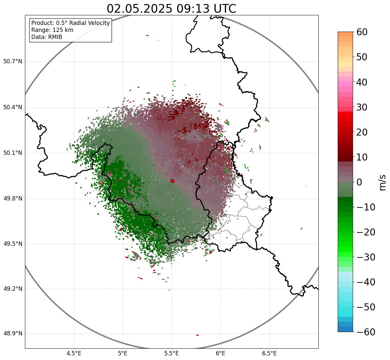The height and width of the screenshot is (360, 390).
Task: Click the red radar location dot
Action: pos(172,181)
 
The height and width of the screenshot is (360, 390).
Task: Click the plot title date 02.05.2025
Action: pos(139,9)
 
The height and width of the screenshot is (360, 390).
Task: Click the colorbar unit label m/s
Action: pos(382,182)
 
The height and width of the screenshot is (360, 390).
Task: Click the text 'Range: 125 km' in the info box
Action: pos(52,30)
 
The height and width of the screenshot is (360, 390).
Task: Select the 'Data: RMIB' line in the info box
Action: pos(47,37)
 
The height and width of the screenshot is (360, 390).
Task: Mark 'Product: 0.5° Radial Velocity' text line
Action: pos(70,23)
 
